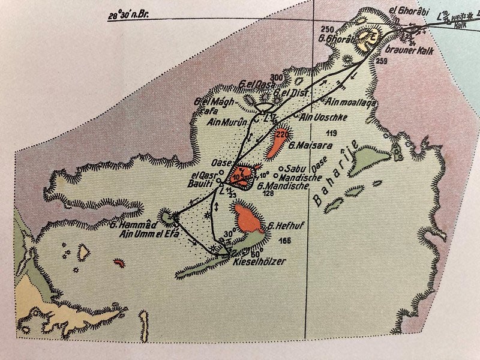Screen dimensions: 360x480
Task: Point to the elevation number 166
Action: [285, 241]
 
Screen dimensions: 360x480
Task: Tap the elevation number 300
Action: [276, 78]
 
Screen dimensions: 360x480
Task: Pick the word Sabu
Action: [296, 169]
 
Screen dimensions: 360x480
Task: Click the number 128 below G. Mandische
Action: [268, 194]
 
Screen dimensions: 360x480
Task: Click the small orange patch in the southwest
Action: [119, 262]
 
